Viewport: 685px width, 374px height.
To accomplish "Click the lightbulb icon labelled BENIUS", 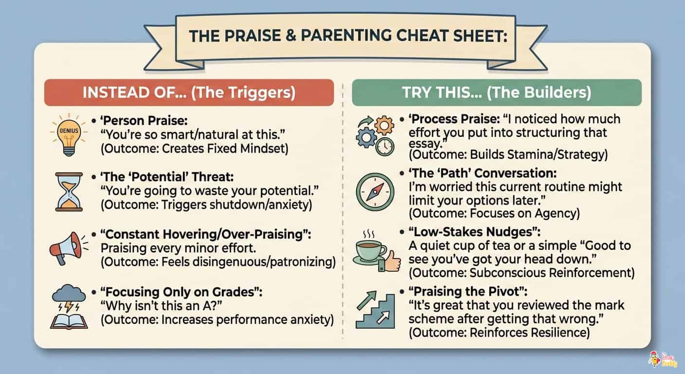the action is (x=69, y=135).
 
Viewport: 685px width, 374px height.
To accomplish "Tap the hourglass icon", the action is (x=69, y=192).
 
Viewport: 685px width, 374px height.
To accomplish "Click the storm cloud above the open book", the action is (x=69, y=294).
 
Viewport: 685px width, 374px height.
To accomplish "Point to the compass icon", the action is (x=375, y=192).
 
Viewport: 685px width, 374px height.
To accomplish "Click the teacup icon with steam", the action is (x=370, y=248).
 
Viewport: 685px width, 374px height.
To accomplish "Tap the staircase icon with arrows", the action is (x=375, y=309).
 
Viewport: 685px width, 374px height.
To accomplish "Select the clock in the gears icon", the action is (x=385, y=147).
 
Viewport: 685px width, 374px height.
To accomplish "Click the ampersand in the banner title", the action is (x=290, y=36).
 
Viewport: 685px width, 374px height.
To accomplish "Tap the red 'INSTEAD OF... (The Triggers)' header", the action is (x=189, y=93).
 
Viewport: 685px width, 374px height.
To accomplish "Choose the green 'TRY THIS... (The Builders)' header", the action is (x=497, y=93).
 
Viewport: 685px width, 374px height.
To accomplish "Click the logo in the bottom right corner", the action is (x=662, y=359).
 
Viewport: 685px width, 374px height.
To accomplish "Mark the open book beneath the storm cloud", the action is (x=69, y=321).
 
